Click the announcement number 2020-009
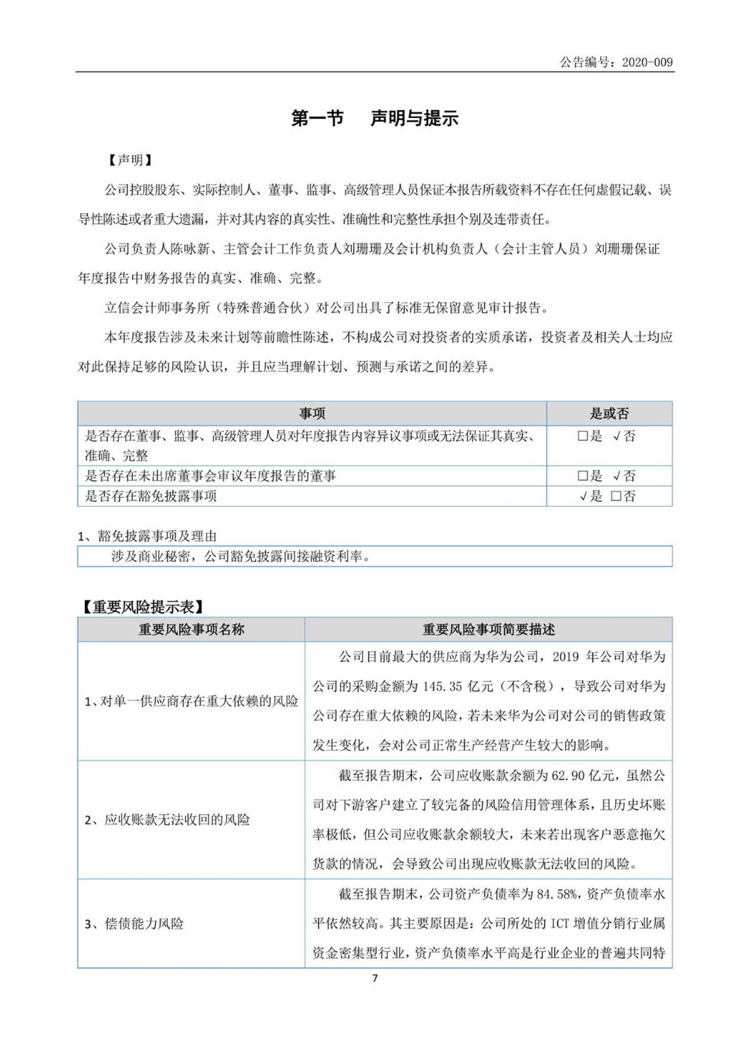[647, 62]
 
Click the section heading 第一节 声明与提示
[374, 118]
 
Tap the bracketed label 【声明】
[129, 160]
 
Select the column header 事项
[312, 413]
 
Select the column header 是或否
[609, 413]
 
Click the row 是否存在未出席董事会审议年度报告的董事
[210, 476]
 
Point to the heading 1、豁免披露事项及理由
[147, 536]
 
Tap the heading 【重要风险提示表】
[142, 606]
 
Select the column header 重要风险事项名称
[191, 630]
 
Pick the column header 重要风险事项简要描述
[488, 630]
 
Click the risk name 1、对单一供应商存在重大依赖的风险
[191, 701]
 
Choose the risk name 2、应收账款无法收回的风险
[167, 820]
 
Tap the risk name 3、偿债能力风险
[134, 923]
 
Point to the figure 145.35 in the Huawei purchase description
[442, 686]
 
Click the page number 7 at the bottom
[375, 978]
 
